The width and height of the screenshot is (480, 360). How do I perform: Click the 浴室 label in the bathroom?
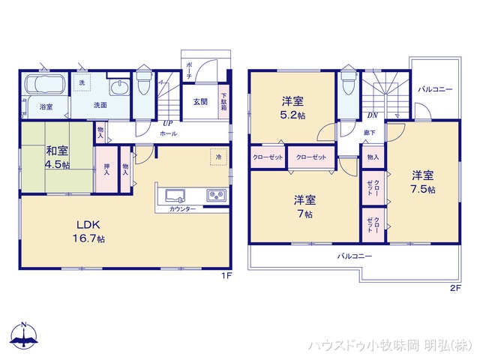click(46, 107)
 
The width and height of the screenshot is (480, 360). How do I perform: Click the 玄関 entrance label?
click(200, 103)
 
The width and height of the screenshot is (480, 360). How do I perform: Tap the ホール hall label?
click(168, 133)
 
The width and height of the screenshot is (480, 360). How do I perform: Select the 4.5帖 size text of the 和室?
click(56, 164)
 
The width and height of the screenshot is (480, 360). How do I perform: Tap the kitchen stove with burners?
click(215, 195)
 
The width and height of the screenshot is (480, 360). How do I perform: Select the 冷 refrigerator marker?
click(218, 157)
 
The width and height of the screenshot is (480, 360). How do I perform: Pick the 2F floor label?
click(454, 288)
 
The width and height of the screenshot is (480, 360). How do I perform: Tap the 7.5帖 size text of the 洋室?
click(422, 189)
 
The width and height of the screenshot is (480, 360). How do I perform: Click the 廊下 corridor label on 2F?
click(369, 133)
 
